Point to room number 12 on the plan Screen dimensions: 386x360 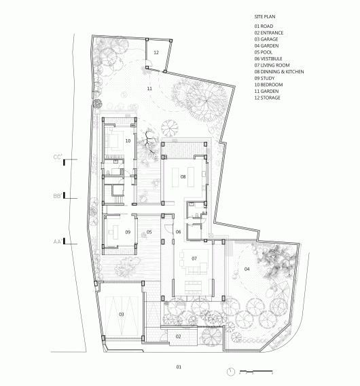[x=156, y=52]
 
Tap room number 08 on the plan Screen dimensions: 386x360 [x=183, y=176]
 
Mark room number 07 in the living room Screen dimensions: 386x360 [x=194, y=258]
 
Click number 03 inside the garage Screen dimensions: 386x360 [x=122, y=314]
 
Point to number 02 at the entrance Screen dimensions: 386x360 [x=179, y=336]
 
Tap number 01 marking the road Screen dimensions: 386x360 [x=179, y=367]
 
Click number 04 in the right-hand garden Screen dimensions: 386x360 [x=247, y=269]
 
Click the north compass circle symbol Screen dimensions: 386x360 [x=232, y=371]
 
